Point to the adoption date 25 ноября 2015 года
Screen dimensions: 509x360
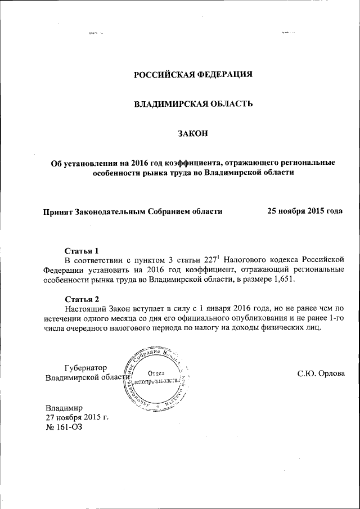tap(304, 211)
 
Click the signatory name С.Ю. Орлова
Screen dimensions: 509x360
tap(321, 373)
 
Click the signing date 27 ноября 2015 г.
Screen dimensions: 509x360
tap(76, 417)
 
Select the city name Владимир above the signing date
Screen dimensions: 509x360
tap(64, 407)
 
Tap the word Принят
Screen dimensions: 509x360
tap(58, 211)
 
